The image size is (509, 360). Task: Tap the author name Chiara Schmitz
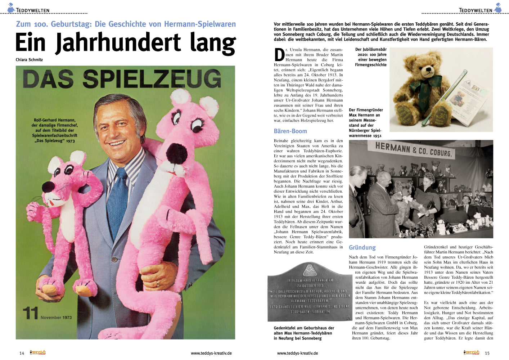tap(29, 60)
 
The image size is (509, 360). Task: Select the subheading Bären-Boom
tap(290, 131)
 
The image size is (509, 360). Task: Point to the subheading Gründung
tap(362, 247)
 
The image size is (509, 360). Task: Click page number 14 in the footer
tap(22, 353)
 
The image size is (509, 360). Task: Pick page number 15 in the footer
tap(487, 353)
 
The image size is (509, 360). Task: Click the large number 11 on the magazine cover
tap(30, 313)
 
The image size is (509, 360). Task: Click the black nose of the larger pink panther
tap(177, 153)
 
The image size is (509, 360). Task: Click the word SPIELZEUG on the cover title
tap(152, 78)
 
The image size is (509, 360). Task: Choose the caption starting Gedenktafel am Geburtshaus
tap(304, 333)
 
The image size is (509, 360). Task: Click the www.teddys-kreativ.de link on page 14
tap(211, 353)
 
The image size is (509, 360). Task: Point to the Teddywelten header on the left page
tap(32, 10)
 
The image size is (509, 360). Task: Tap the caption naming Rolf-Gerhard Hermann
tap(55, 130)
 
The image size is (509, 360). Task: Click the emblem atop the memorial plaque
tap(309, 270)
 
